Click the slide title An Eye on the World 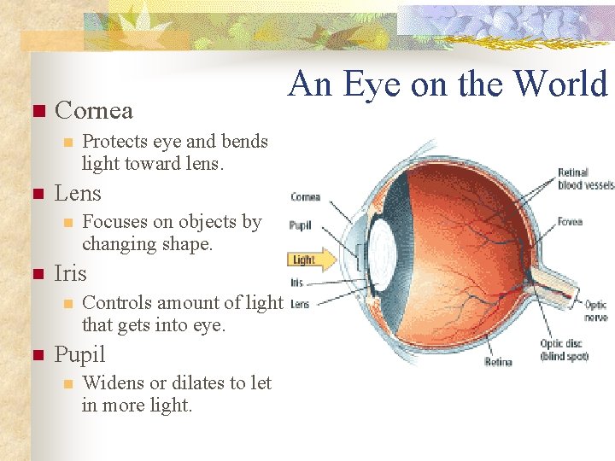[x=448, y=85]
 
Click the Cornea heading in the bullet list [x=93, y=111]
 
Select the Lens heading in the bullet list [x=78, y=194]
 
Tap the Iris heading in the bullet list [x=70, y=274]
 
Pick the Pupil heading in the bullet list [x=79, y=354]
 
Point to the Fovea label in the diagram [x=570, y=222]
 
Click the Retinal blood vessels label [x=585, y=178]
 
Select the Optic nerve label [x=595, y=311]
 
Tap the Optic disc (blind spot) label [x=564, y=350]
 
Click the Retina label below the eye [x=498, y=362]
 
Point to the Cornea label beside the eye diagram [x=305, y=197]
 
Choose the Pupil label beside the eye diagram [x=300, y=226]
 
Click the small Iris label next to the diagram [x=296, y=282]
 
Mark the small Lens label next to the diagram [x=299, y=304]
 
